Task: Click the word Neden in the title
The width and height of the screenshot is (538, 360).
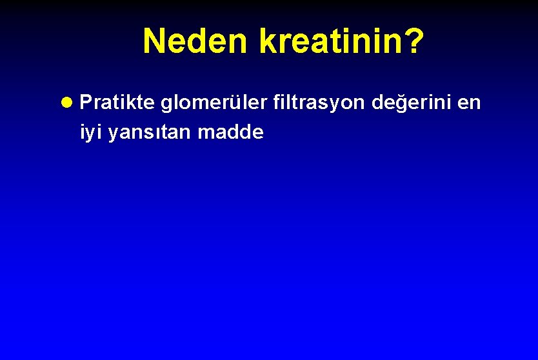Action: point(195,41)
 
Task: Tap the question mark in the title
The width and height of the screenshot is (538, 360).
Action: point(414,41)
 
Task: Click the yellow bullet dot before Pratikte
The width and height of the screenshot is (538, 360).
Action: point(70,103)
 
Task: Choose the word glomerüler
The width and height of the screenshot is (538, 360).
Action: point(214,103)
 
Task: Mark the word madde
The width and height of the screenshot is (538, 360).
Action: point(230,132)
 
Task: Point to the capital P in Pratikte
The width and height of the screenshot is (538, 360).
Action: point(86,103)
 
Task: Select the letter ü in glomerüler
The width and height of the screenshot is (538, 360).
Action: point(235,103)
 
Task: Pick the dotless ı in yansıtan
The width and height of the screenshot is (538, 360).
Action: point(154,134)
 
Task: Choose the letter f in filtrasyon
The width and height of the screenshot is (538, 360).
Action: point(276,102)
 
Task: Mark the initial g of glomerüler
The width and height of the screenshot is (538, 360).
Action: point(166,105)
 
